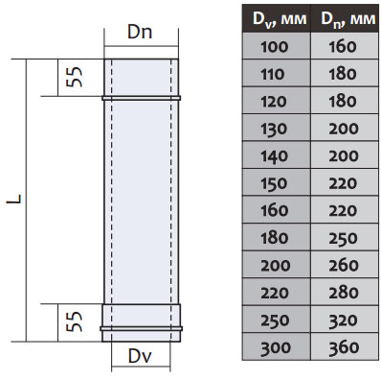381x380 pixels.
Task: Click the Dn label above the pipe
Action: click(x=140, y=32)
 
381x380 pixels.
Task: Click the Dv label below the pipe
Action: click(x=140, y=356)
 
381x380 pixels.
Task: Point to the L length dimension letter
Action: click(x=14, y=199)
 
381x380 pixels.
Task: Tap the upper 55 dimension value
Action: click(x=74, y=77)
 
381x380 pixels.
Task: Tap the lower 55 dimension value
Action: click(x=74, y=321)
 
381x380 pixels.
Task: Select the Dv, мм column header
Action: click(x=277, y=18)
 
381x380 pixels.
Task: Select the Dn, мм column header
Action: click(x=345, y=18)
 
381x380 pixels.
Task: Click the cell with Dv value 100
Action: click(x=277, y=46)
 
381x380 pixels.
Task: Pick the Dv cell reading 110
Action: click(x=277, y=73)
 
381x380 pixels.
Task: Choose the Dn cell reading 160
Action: click(x=345, y=46)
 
